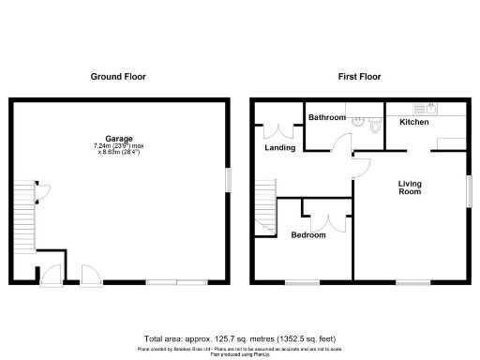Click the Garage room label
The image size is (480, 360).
[118, 138]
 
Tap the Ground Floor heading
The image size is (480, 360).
[118, 76]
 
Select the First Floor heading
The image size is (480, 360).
[361, 76]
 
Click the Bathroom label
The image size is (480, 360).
[327, 117]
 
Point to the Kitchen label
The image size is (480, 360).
[413, 123]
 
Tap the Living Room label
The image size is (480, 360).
[410, 187]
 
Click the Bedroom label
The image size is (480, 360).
[307, 234]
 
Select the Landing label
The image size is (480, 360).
[279, 147]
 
